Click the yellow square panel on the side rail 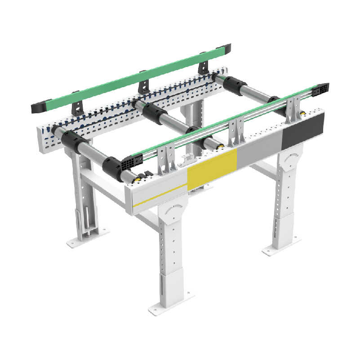(212, 170)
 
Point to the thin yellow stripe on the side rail (160, 196)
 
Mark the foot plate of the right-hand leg (281, 248)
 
